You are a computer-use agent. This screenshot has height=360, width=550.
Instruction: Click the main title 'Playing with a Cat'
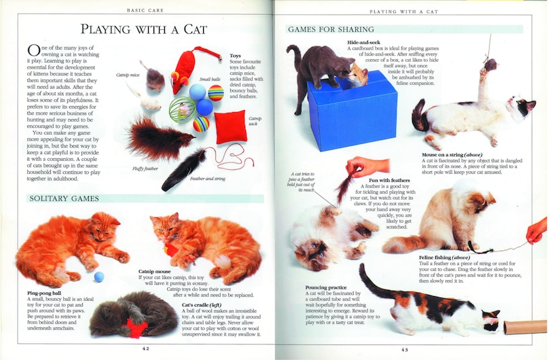pyautogui.click(x=143, y=29)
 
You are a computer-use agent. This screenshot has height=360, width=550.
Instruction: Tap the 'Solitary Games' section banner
pyautogui.click(x=64, y=198)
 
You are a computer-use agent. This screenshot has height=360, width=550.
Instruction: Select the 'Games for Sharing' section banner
pyautogui.click(x=331, y=29)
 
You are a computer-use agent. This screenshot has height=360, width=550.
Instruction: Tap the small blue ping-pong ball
pyautogui.click(x=99, y=276)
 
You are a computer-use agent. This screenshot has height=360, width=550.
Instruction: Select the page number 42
pyautogui.click(x=145, y=348)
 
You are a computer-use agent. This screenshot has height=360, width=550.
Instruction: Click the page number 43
pyautogui.click(x=405, y=349)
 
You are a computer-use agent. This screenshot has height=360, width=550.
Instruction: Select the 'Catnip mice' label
pyautogui.click(x=128, y=74)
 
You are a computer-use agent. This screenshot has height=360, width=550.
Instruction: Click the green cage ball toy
pyautogui.click(x=181, y=109)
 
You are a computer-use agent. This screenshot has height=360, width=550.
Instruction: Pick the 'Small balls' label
pyautogui.click(x=210, y=79)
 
